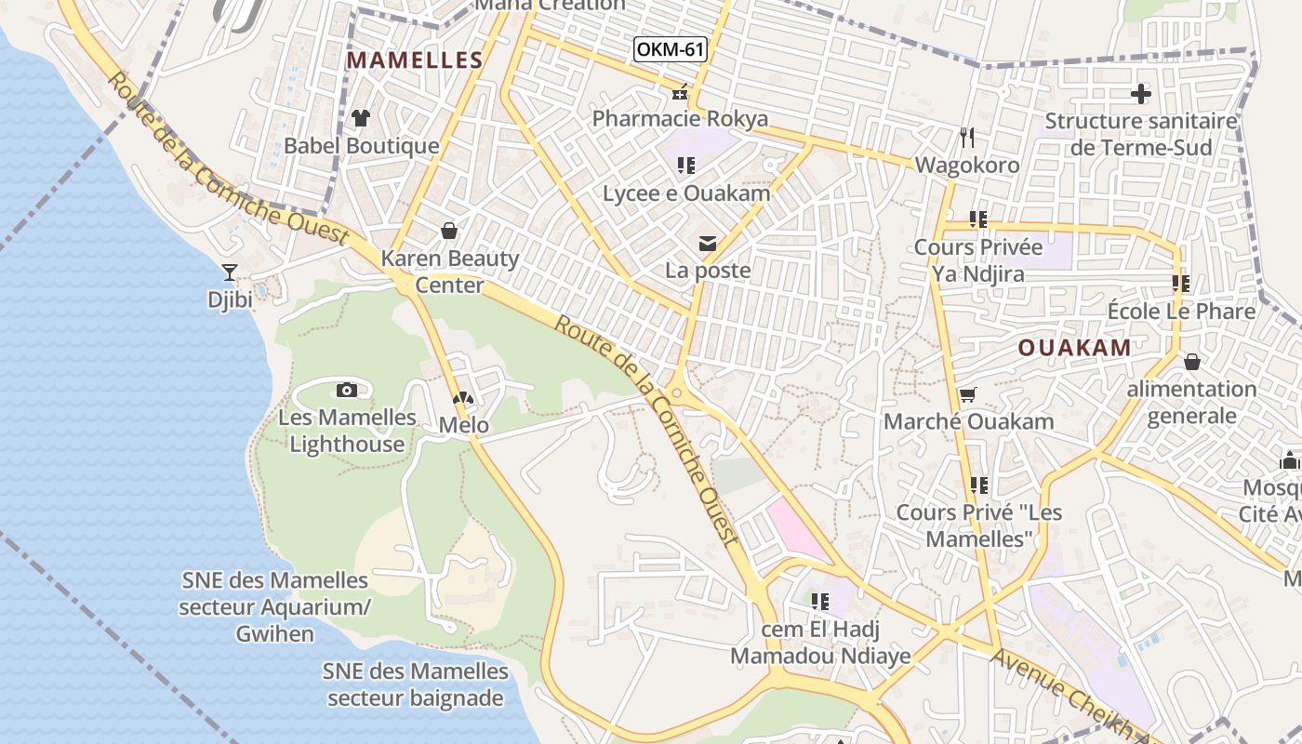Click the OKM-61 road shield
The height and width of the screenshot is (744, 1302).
[670, 49]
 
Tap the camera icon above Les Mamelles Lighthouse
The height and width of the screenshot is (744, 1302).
[347, 390]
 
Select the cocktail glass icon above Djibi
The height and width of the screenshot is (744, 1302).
[229, 272]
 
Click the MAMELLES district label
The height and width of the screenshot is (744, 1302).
[415, 61]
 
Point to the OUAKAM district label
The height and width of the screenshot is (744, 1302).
[1074, 348]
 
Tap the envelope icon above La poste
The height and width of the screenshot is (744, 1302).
[708, 244]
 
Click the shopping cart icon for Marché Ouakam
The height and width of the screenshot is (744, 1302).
[967, 395]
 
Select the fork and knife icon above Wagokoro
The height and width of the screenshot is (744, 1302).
[967, 138]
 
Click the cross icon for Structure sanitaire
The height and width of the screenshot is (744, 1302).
[1141, 94]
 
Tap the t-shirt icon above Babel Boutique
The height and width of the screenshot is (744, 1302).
[361, 118]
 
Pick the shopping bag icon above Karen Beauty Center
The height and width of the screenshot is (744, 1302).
[449, 230]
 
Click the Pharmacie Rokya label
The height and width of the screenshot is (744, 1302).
[680, 119]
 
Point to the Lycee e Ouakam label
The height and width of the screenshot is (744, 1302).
[686, 193]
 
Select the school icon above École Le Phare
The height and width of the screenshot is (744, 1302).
[1181, 284]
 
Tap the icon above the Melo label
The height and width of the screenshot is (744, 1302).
[463, 398]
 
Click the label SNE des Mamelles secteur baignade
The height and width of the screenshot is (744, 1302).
[416, 684]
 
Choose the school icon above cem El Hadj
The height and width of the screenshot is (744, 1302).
[820, 602]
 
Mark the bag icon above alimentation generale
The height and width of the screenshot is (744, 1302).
[1191, 362]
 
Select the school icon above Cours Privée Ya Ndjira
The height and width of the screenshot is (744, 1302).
[977, 219]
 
